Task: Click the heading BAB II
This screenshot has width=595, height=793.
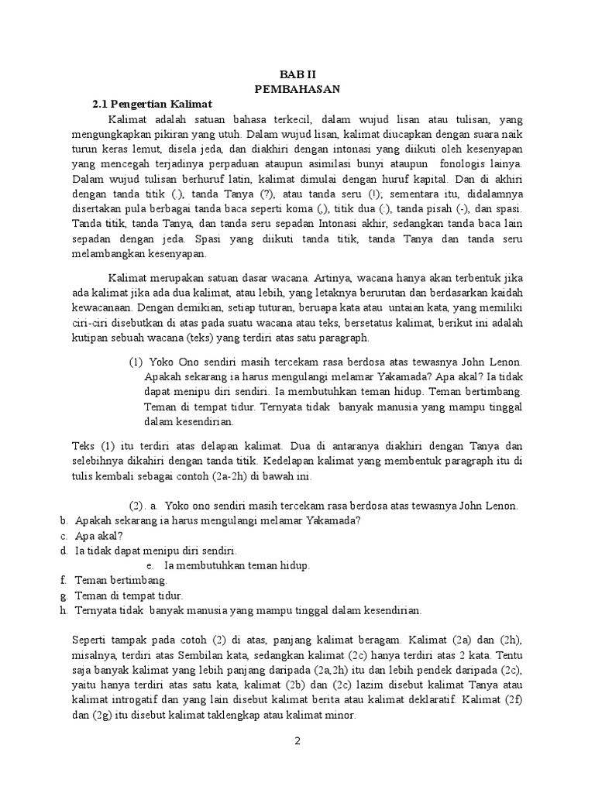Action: pos(297,74)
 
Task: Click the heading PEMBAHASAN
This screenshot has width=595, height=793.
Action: pos(297,89)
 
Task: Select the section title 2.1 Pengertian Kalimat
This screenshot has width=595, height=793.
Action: pos(152,104)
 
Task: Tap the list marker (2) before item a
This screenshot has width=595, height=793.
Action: pos(138,506)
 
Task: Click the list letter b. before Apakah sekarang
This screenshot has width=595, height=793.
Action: pos(64,520)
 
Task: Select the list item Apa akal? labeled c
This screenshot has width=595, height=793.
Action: pos(100,535)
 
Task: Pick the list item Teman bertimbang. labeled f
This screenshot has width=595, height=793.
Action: pos(121,580)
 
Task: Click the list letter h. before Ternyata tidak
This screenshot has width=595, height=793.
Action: pos(64,610)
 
